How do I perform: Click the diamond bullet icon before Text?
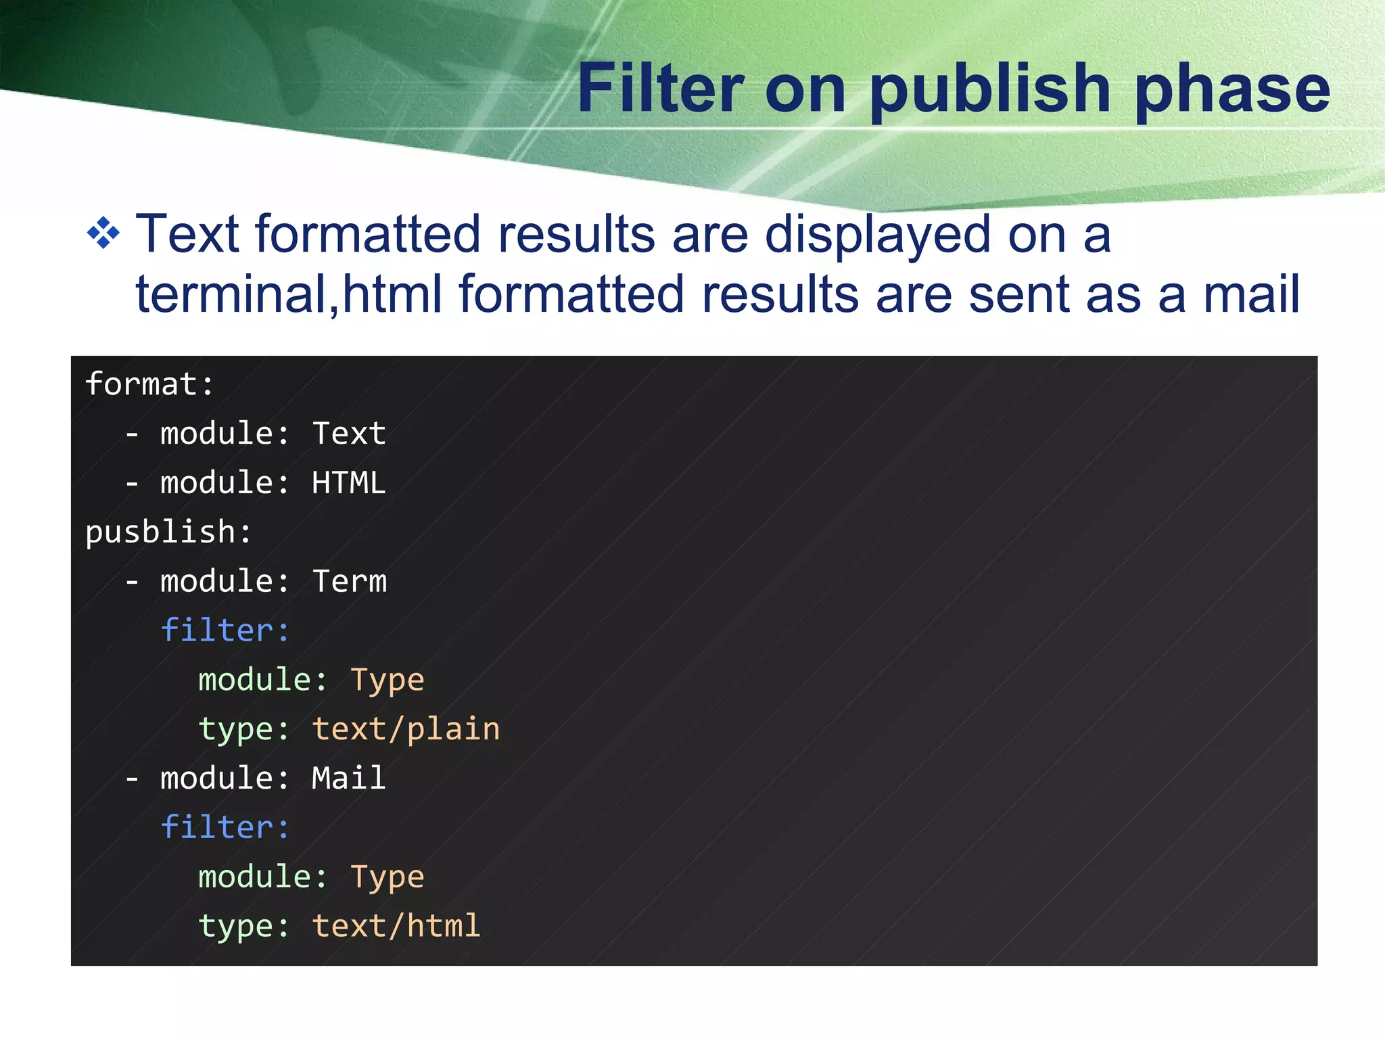click(x=103, y=233)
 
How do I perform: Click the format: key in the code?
click(x=149, y=384)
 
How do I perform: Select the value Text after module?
click(x=349, y=434)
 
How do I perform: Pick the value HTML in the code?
click(x=349, y=483)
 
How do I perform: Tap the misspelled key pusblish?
click(x=168, y=532)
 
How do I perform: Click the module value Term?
click(x=350, y=582)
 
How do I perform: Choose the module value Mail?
click(x=349, y=779)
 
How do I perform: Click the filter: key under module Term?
click(x=225, y=630)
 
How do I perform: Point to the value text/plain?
click(x=406, y=730)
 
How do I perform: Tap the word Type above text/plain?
click(x=388, y=680)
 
